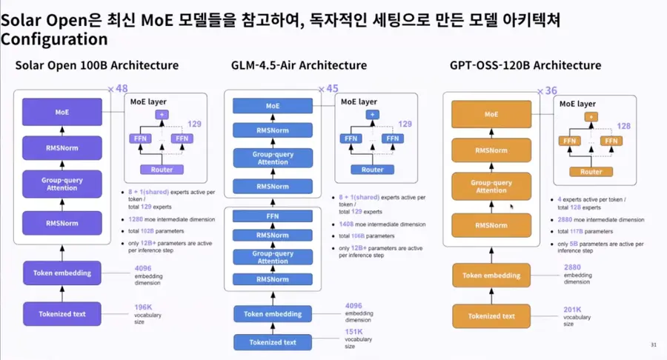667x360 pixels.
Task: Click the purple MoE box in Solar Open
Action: [x=62, y=113]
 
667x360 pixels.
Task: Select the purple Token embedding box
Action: [x=62, y=273]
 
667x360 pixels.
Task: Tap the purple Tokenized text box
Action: [x=62, y=314]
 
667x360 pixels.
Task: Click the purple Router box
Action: [x=162, y=170]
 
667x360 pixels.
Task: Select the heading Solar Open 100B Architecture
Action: [x=97, y=65]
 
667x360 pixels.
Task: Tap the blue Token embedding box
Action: [x=273, y=313]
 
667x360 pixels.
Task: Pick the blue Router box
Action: [x=372, y=170]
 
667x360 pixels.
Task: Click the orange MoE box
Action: [x=491, y=115]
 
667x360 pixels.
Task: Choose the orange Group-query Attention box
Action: [x=491, y=186]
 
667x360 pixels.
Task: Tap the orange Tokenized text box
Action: [x=491, y=316]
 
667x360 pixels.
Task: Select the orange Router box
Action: [x=591, y=172]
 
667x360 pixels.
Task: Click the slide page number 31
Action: [x=653, y=344]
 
